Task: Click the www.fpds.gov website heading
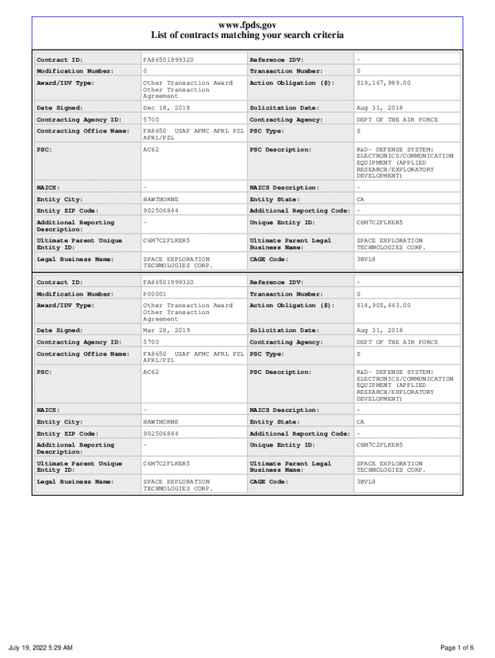tap(248, 24)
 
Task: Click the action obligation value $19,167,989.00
tap(384, 83)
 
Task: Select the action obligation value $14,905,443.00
tap(384, 305)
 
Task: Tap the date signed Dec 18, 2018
tap(166, 108)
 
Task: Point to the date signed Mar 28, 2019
tap(166, 330)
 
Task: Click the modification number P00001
tap(154, 294)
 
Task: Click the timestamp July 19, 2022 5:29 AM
tap(40, 647)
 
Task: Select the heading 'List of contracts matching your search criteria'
tap(248, 35)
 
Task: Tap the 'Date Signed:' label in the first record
tap(60, 108)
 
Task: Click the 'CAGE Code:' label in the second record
tap(269, 481)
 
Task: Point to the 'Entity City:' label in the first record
tap(60, 199)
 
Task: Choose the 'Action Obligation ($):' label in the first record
tap(292, 83)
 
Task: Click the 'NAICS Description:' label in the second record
tap(284, 410)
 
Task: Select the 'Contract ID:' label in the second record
tap(60, 282)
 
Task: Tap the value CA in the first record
tap(361, 199)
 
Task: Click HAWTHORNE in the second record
tap(161, 422)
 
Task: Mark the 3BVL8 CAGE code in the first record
tap(366, 259)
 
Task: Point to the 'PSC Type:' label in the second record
tap(266, 354)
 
